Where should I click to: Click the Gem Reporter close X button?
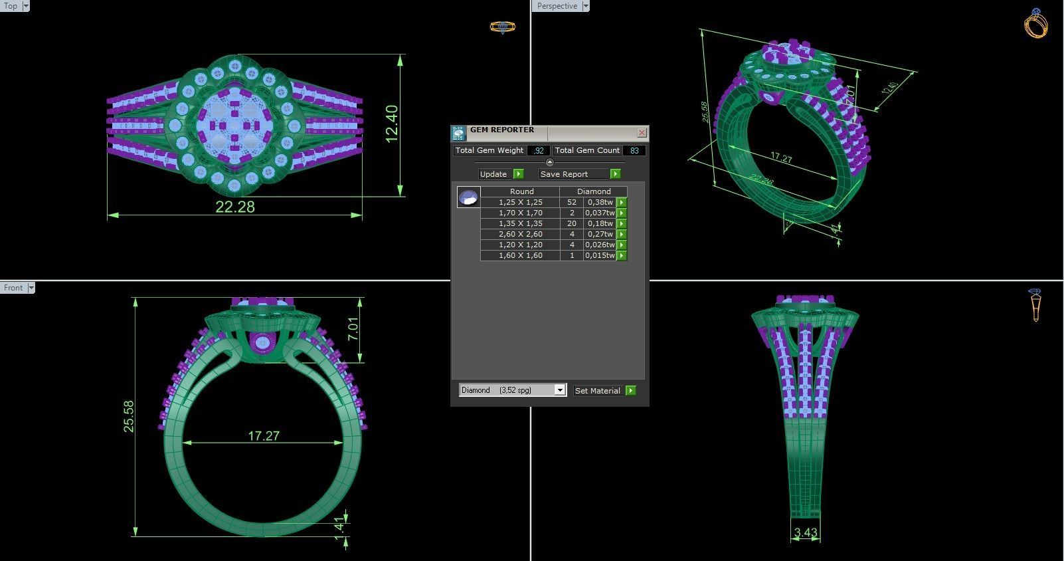coord(642,133)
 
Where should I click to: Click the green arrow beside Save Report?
coord(615,174)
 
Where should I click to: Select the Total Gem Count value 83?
coord(634,151)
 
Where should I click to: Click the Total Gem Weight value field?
coord(539,151)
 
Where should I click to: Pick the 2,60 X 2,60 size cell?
coord(520,234)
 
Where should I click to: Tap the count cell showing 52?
coord(571,202)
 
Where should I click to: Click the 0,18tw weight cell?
coord(600,223)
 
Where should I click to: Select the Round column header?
coord(521,191)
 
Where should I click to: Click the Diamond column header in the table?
coord(593,191)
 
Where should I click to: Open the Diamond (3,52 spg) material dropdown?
coord(560,390)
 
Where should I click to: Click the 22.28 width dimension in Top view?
coord(235,207)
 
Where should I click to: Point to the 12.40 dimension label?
coord(392,124)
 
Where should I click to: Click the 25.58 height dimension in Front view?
coord(129,416)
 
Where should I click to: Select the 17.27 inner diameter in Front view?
coord(264,436)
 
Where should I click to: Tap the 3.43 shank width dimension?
coord(805,532)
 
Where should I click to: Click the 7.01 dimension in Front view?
coord(353,329)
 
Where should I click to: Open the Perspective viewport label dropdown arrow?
coord(585,6)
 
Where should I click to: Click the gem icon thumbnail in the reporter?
coord(468,197)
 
